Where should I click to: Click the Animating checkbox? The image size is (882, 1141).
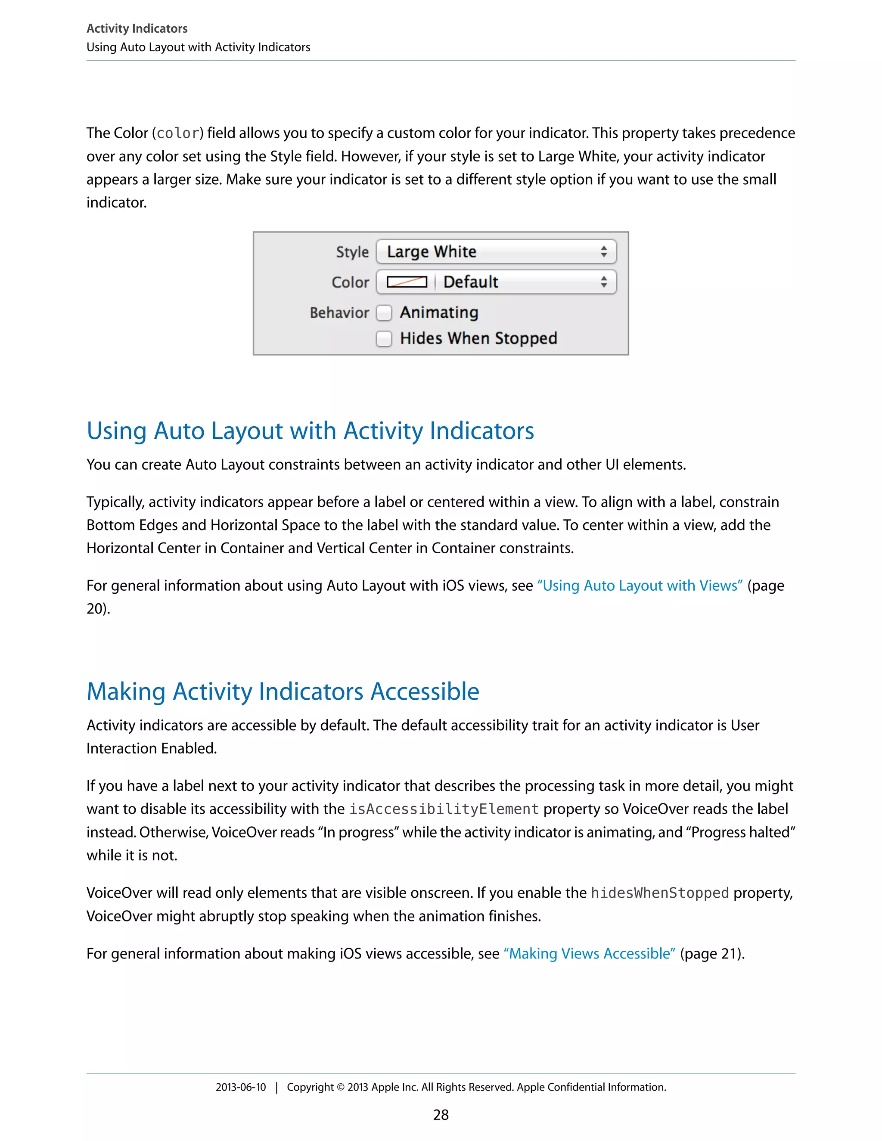[384, 313]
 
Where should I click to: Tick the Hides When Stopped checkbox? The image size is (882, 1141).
[384, 338]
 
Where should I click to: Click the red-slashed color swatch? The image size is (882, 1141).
[407, 282]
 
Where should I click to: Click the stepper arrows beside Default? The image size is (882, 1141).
[604, 282]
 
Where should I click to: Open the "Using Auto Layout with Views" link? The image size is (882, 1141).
[640, 586]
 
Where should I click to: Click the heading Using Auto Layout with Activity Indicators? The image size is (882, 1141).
[311, 431]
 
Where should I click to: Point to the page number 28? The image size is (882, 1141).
[441, 1115]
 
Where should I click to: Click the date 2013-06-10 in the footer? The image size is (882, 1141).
[240, 1087]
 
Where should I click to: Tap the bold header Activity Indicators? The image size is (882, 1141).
[137, 28]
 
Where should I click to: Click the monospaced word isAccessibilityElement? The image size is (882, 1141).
[444, 809]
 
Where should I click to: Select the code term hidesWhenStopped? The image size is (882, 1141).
[659, 893]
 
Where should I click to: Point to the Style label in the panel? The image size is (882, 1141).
[352, 252]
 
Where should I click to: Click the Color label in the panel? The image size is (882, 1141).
[350, 282]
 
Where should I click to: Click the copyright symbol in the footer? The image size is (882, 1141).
[340, 1087]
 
